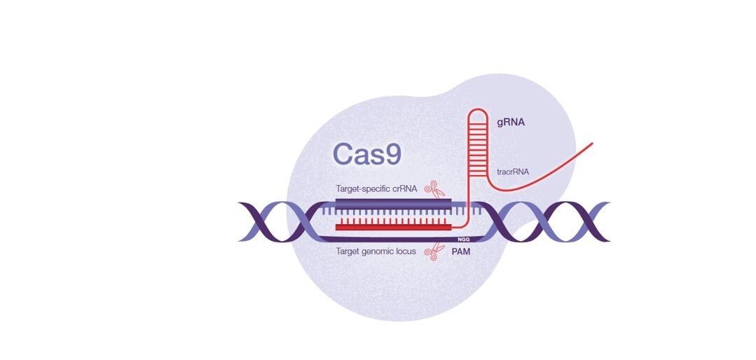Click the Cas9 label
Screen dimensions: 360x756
pyautogui.click(x=366, y=153)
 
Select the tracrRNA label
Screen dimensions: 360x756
pyautogui.click(x=513, y=171)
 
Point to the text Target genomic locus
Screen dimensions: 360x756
pyautogui.click(x=376, y=250)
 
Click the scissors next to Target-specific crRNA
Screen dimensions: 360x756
pyautogui.click(x=437, y=188)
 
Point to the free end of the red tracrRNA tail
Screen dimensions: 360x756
pyautogui.click(x=592, y=144)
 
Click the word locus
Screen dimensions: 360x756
pyautogui.click(x=406, y=250)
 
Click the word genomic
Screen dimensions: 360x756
pyautogui.click(x=378, y=250)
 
